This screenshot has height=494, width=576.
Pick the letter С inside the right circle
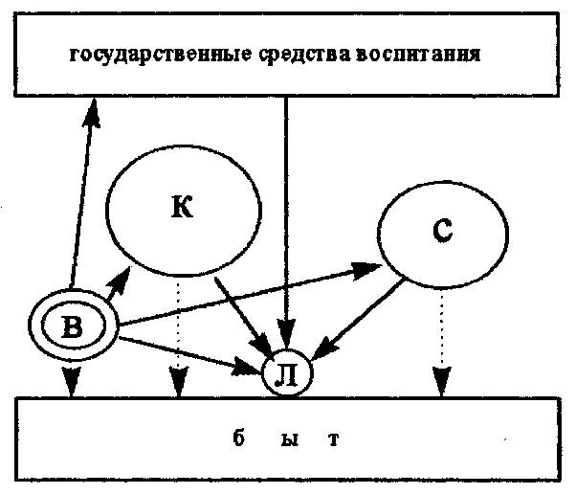coord(442,233)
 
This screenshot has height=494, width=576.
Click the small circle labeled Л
coord(285,373)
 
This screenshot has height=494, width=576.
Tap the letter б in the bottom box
coord(238,441)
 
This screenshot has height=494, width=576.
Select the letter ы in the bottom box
coord(288,441)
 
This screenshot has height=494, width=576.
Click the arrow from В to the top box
coord(81,191)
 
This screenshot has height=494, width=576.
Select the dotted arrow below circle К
coord(176,335)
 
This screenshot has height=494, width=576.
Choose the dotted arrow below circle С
coord(441,340)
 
